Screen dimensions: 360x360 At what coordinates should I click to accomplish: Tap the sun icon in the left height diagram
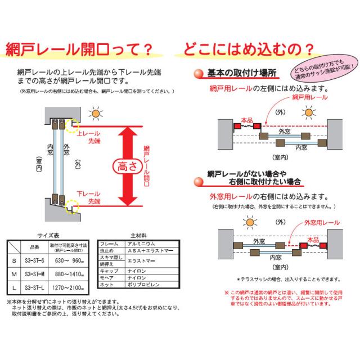[x=97, y=114]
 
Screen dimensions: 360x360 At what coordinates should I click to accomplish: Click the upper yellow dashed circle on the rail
[x=71, y=125]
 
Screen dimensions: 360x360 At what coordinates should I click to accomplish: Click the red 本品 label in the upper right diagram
[x=246, y=120]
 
